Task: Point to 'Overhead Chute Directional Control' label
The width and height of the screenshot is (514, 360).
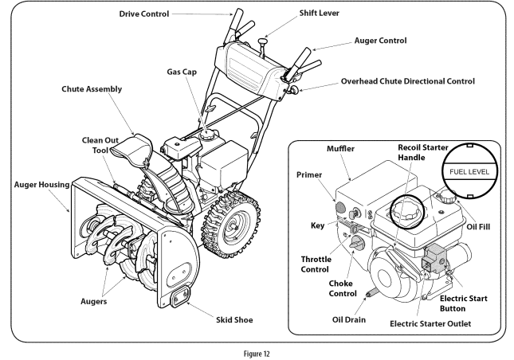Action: tap(409, 81)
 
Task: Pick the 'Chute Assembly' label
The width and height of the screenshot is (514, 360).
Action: tap(90, 89)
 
